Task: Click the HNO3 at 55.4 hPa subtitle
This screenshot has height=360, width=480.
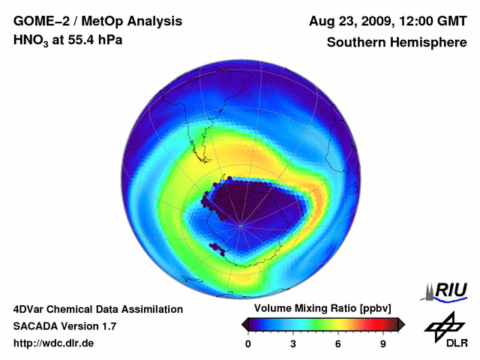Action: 67,40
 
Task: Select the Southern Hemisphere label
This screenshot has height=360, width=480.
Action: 396,42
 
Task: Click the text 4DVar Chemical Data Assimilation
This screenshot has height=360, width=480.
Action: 97,309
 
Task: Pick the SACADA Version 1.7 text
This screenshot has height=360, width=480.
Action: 64,326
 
